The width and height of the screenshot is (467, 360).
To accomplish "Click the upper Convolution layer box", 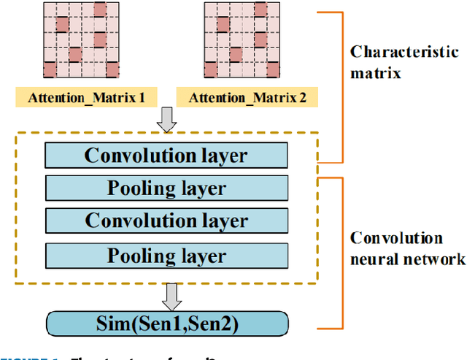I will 166,156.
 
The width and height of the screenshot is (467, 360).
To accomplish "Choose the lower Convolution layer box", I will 166,220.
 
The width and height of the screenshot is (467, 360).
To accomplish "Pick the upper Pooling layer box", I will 166,188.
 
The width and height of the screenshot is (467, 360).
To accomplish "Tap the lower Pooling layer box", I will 166,256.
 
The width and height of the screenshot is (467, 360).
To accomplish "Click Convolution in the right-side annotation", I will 396,239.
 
